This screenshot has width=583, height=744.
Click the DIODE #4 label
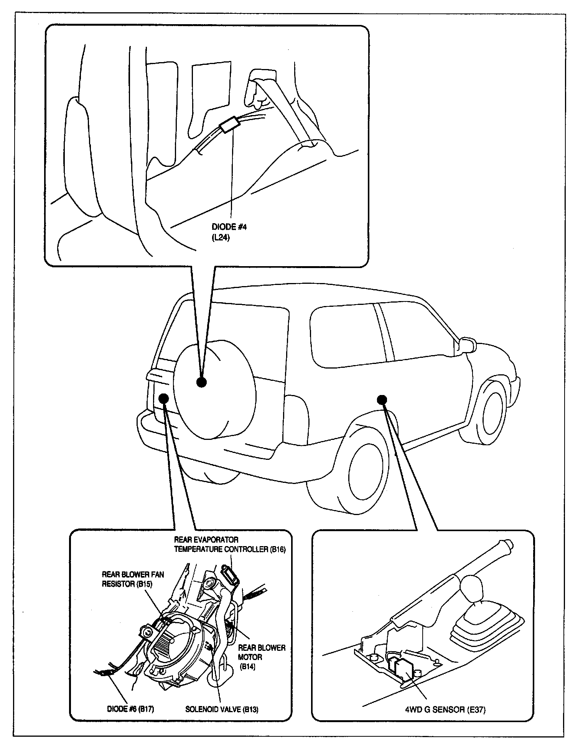229,227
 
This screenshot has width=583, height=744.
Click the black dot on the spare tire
201,382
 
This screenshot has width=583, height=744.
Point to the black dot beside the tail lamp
164,398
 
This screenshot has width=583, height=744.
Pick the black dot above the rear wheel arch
382,400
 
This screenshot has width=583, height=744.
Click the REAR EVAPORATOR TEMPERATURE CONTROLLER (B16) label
229,545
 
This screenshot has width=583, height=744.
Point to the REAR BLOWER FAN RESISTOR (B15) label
133,579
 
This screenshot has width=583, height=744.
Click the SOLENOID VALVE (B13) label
222,709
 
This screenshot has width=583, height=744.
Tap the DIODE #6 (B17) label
130,709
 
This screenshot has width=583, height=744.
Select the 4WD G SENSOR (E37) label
445,709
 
